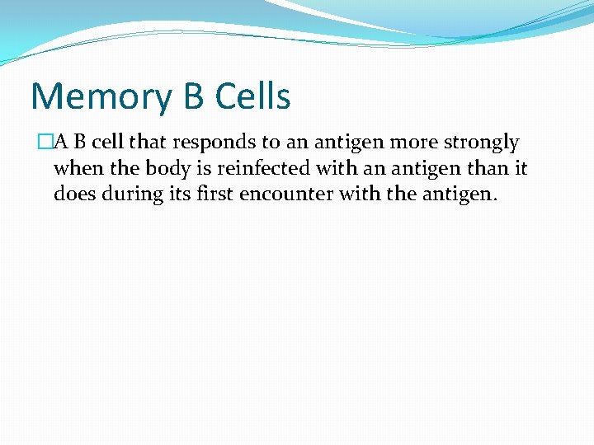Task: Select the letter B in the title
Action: pyautogui.click(x=193, y=96)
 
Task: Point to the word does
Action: pyautogui.click(x=73, y=194)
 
